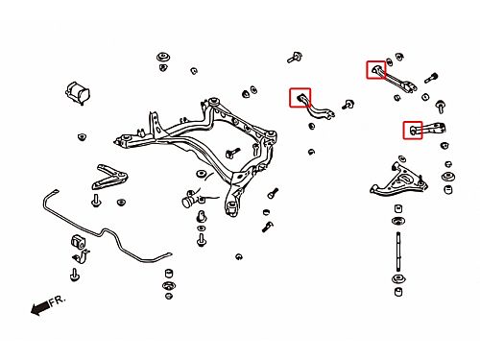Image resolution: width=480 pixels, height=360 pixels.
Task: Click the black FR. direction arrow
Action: [x=40, y=308]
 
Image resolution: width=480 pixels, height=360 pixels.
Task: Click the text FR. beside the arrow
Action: [x=58, y=300]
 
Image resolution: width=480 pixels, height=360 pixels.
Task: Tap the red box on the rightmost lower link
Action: [x=413, y=131]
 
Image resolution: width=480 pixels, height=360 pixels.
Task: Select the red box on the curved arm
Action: [x=300, y=98]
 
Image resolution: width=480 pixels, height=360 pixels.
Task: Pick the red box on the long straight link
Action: [x=376, y=70]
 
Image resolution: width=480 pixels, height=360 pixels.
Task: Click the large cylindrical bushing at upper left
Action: [x=78, y=92]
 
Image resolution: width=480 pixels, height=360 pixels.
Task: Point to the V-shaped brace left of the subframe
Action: [x=109, y=177]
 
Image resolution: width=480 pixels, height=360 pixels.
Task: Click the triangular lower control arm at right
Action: [x=398, y=180]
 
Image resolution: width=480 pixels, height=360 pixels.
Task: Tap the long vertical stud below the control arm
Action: [x=398, y=252]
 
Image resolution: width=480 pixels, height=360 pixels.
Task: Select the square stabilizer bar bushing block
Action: [x=78, y=241]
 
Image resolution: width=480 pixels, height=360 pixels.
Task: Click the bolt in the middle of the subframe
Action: [x=232, y=153]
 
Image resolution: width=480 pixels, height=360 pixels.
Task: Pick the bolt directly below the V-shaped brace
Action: [x=96, y=201]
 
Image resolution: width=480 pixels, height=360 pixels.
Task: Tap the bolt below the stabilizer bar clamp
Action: [x=75, y=275]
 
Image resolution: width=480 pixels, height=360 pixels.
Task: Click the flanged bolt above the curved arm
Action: [x=295, y=58]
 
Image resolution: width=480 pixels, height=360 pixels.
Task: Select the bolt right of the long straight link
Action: [x=431, y=78]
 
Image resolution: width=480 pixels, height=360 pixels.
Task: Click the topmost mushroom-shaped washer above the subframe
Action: [x=163, y=58]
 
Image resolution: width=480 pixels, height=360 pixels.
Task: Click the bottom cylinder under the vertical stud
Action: [x=398, y=292]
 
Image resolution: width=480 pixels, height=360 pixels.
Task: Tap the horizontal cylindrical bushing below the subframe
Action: [x=189, y=199]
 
